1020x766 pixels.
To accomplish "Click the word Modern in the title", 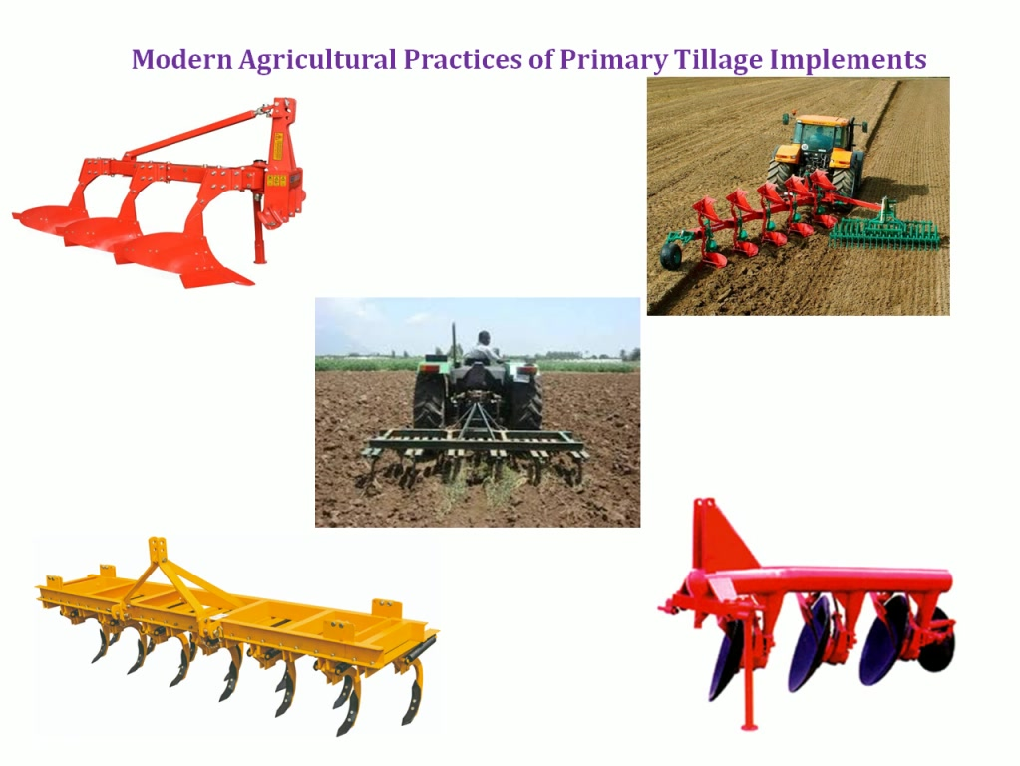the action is coord(181,59).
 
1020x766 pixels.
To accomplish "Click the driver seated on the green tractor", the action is coord(482,349).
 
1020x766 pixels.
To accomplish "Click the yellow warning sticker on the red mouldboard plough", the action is coord(276,180).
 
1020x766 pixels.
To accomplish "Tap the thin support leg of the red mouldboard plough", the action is coord(260,235).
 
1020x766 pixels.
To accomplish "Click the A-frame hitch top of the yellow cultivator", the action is coord(157,551).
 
